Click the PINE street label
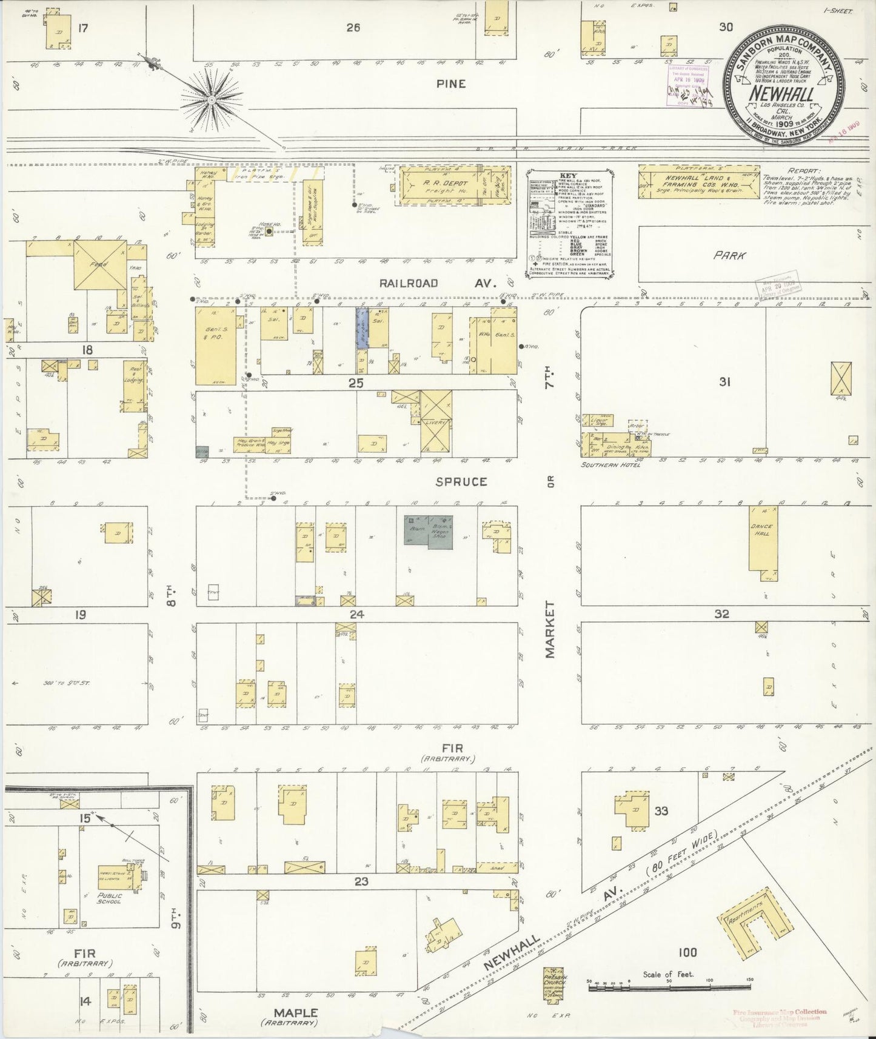point(451,84)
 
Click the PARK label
point(729,256)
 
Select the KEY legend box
point(568,223)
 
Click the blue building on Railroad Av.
point(361,328)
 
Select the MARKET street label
point(549,629)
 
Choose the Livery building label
point(435,423)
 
